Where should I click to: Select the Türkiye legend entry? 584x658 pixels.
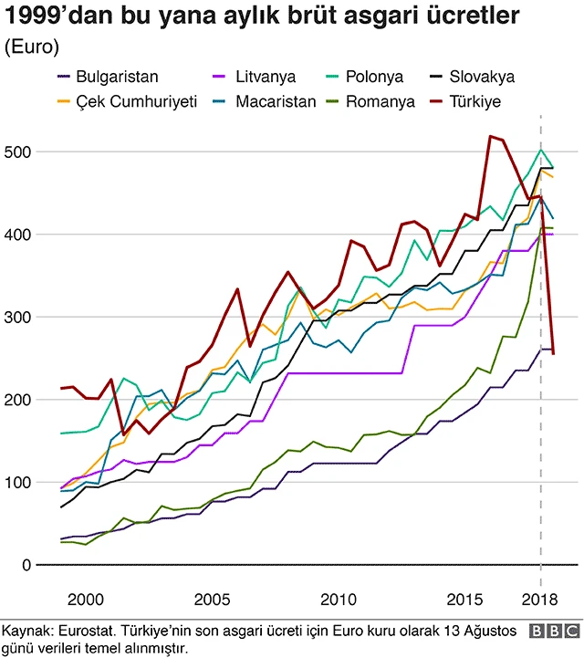[485, 101]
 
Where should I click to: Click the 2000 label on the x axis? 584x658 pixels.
[85, 599]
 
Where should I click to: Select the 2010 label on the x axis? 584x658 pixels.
[339, 599]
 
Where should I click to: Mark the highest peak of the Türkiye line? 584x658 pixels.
[491, 136]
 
